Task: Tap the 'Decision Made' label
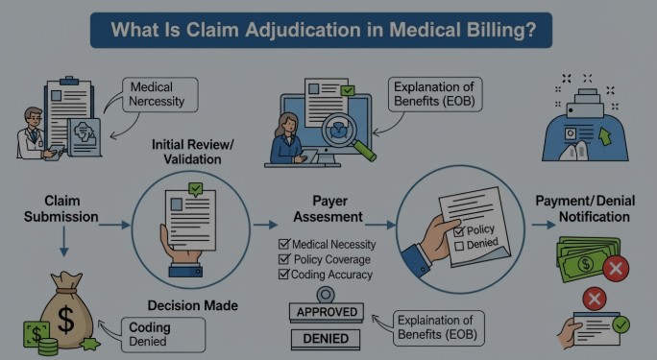coord(192,306)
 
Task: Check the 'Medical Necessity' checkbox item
coord(328,245)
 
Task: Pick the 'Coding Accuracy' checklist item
coord(325,275)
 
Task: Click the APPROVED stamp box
coord(326,312)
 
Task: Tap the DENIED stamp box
coord(326,338)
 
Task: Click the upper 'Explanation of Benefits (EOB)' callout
coord(435,93)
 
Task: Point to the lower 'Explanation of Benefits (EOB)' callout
coord(434,326)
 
